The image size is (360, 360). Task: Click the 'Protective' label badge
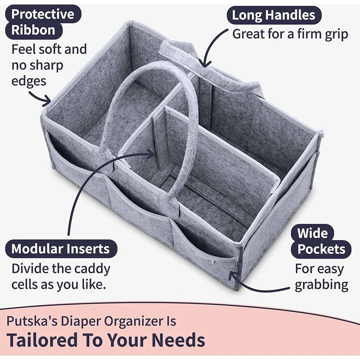[x=43, y=14]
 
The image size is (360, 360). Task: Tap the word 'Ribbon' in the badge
[x=34, y=30]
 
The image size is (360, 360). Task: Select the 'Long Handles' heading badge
[x=274, y=15]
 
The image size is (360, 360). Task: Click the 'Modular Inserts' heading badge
[x=61, y=249]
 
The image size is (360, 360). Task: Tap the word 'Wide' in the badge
[x=313, y=233]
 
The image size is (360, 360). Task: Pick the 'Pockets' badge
[x=321, y=249]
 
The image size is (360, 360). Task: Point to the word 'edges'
[x=29, y=82]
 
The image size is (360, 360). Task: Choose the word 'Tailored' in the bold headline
[x=42, y=340]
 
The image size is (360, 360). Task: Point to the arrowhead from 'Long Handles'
[x=204, y=63]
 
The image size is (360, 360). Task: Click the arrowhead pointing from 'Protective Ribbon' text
[x=47, y=101]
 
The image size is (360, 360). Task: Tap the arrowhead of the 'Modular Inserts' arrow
[x=152, y=154]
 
